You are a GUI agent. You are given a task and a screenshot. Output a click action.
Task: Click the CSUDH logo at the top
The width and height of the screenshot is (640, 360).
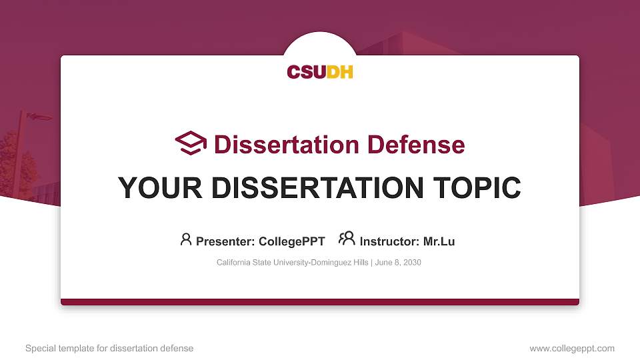point(320,71)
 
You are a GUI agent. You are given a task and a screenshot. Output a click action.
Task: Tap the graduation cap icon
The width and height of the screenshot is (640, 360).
point(191,143)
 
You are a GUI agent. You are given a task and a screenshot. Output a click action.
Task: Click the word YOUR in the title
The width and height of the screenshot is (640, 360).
point(152,188)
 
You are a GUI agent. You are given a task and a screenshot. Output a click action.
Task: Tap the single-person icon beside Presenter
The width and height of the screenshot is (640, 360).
point(186,239)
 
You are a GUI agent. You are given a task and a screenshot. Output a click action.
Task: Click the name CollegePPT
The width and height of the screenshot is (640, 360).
point(291,241)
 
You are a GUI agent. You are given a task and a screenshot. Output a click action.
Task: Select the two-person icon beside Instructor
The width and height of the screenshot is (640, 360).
point(347,239)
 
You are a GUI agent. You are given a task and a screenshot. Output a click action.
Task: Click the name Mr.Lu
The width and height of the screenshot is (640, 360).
point(439,241)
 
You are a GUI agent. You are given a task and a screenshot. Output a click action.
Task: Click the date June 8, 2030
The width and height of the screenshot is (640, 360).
point(398,263)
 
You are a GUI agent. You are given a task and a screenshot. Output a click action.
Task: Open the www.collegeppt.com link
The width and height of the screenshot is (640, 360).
point(571,349)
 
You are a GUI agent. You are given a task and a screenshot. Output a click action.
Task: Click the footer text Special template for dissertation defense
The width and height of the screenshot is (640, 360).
point(109,349)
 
